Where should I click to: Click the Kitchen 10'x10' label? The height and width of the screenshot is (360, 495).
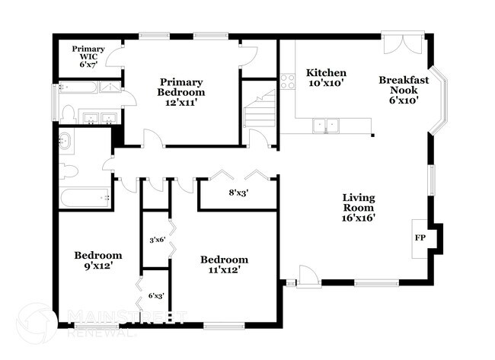(x=326, y=78)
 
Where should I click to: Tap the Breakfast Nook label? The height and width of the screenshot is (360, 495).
(x=404, y=90)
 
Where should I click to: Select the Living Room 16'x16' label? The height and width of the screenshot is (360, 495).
(x=358, y=208)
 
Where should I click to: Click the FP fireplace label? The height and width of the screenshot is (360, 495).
(x=420, y=237)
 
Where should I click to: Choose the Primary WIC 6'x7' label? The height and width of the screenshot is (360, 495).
(x=88, y=57)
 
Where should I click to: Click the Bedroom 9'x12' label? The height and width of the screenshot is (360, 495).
(x=97, y=260)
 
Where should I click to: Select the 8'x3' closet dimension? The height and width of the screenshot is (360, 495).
(x=238, y=193)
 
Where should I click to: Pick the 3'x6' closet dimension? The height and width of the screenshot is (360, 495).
(x=157, y=240)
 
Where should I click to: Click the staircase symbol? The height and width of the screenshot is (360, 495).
(x=259, y=111)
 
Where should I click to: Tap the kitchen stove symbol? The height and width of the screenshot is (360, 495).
(x=287, y=81)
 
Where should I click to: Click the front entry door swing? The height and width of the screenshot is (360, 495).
(x=308, y=276)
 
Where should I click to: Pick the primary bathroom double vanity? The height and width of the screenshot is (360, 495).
(x=97, y=118)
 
